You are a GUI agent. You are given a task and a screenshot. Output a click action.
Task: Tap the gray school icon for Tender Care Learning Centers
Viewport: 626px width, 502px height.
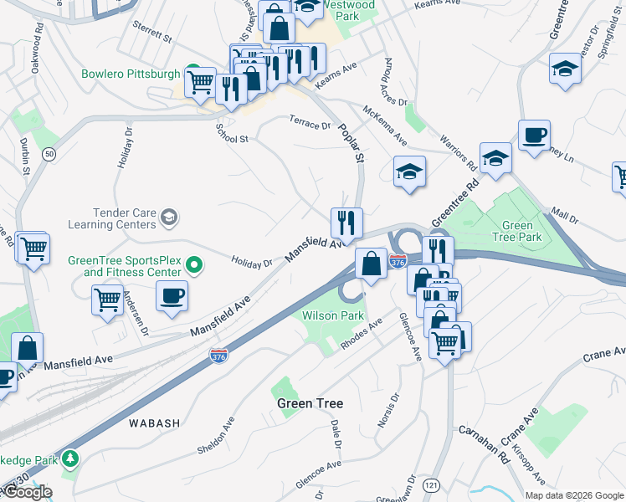click(x=169, y=218)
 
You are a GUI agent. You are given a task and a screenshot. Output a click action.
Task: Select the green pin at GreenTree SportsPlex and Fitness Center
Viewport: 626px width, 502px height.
click(x=194, y=266)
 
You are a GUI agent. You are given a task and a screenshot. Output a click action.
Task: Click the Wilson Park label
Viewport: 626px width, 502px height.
click(x=333, y=315)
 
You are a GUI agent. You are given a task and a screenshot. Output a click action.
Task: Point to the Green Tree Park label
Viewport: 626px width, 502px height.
click(x=522, y=231)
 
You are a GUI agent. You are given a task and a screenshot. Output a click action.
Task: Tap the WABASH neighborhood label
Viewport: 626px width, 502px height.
click(x=154, y=423)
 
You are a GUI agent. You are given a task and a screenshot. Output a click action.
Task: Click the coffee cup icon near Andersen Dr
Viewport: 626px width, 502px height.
click(x=172, y=295)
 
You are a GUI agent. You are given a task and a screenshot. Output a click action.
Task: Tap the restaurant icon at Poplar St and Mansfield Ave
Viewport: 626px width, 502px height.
click(x=346, y=223)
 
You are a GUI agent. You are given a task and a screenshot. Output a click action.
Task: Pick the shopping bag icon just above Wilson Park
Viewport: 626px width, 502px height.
click(x=371, y=264)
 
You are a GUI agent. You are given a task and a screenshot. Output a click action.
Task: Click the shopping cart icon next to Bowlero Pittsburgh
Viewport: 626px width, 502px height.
click(x=200, y=82)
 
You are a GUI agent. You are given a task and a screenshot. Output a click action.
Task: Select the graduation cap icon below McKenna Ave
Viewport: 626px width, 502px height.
click(x=409, y=172)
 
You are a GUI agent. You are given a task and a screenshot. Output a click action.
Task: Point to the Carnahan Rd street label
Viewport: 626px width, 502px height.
click(x=484, y=444)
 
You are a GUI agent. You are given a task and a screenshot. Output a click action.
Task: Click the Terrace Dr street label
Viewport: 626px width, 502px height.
click(x=310, y=124)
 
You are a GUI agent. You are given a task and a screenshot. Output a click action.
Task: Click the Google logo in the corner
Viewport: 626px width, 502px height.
click(x=27, y=492)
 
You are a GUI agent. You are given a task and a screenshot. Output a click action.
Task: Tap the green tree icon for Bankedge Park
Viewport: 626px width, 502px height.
click(x=72, y=459)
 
